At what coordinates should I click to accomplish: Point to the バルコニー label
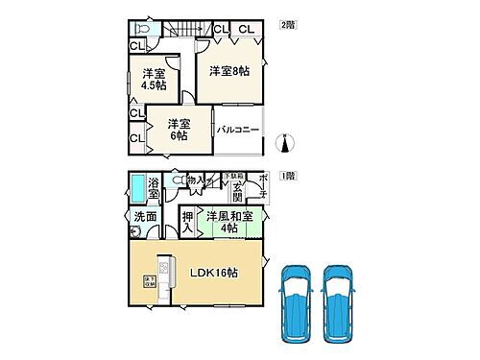pos(237,130)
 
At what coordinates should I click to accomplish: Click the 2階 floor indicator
pos(286,24)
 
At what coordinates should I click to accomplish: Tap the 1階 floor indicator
pos(286,177)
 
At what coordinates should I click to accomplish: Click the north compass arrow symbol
pos(281,145)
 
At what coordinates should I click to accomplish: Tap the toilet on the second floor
pos(142,27)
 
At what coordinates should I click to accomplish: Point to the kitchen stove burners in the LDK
pos(164,264)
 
